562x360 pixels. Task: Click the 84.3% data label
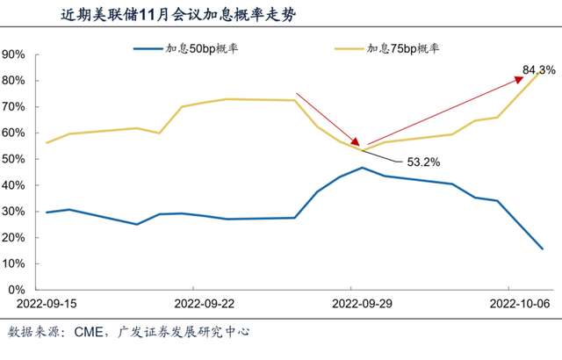(537, 70)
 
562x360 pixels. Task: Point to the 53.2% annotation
(424, 162)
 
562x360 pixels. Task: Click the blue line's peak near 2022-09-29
(362, 168)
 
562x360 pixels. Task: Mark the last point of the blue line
(542, 248)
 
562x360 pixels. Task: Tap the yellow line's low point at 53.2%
(362, 150)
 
